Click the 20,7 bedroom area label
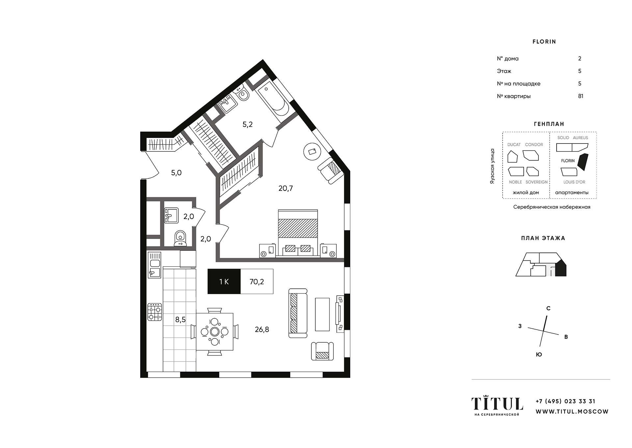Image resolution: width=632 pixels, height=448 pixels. coord(285,188)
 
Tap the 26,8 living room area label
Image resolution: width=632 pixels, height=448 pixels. coord(262,329)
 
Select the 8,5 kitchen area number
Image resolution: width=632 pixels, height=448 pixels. coord(180,319)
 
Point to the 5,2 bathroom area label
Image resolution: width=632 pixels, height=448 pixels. coord(248,124)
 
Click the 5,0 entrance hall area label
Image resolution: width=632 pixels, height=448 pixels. coord(176,173)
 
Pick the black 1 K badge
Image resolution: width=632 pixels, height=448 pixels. coord(224,281)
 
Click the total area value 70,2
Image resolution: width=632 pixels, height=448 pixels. coord(257,282)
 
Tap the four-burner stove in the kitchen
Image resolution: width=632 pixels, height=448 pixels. coord(155,312)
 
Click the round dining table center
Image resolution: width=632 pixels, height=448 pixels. coord(215,331)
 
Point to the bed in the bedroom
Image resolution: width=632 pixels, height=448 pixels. coord(298,232)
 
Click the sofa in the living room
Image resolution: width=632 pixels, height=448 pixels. coord(298,313)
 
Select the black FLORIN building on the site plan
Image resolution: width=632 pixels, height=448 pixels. coord(583,162)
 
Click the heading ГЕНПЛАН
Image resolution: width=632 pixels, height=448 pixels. coord(549,124)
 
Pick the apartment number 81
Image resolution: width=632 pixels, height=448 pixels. coord(581,96)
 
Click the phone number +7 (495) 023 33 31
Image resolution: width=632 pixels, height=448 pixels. coord(566,401)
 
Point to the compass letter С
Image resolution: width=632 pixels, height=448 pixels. coord(548,308)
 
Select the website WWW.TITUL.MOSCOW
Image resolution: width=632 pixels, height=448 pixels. coord(572,411)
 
